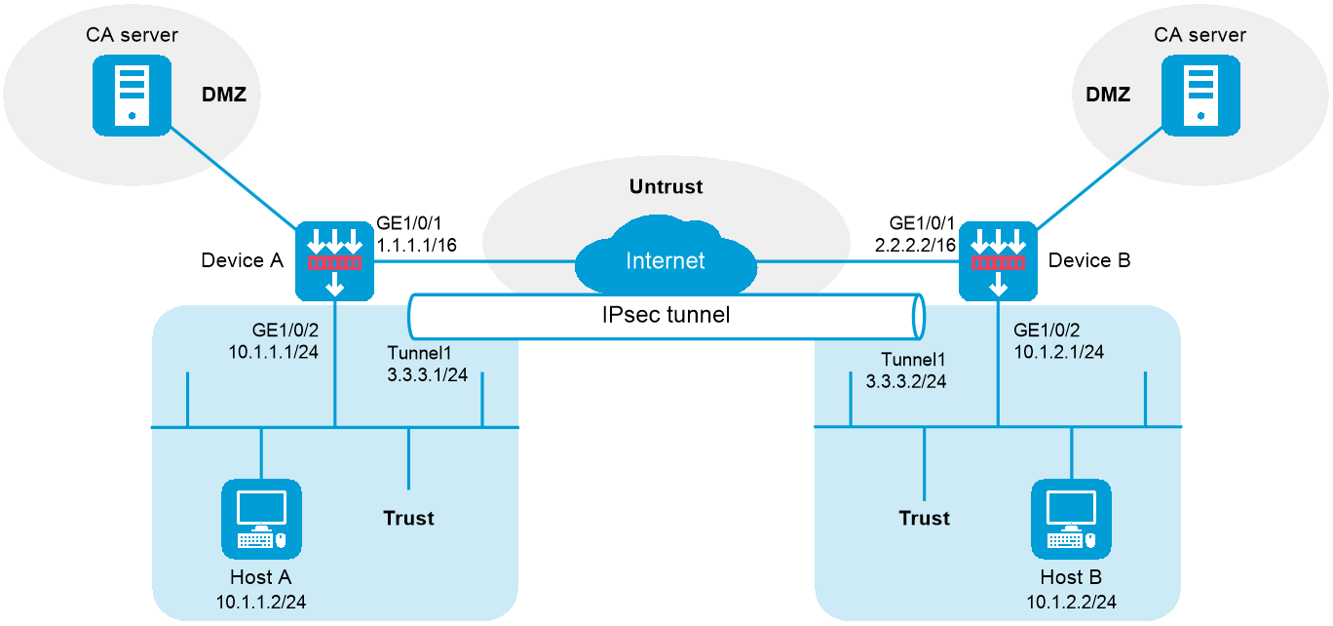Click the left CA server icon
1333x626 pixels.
pos(132,95)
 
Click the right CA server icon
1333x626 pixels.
pos(1200,95)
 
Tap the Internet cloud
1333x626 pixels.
pos(666,260)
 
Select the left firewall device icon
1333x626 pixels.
pos(334,261)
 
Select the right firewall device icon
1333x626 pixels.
pos(997,261)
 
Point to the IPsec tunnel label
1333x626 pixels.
pos(666,315)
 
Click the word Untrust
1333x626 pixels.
pos(666,186)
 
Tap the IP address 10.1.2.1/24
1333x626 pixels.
pos(1058,352)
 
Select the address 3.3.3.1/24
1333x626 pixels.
pos(427,374)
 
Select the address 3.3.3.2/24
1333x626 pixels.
pos(906,381)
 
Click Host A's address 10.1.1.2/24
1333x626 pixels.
pos(261,602)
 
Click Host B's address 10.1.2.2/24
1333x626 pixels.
pos(1071,602)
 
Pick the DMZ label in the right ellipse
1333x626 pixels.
pos(1108,95)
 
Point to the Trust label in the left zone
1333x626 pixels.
pos(408,518)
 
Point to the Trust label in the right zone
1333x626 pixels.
pos(924,518)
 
